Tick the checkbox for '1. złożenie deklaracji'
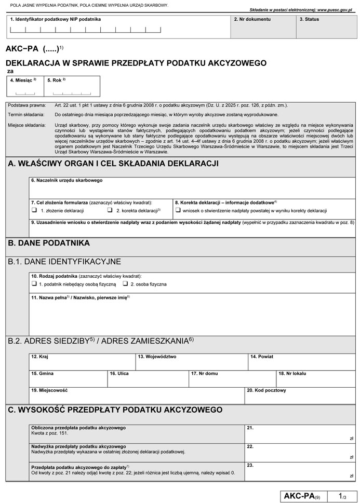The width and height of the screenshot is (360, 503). (x=34, y=211)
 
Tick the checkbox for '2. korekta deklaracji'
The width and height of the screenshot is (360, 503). (x=110, y=211)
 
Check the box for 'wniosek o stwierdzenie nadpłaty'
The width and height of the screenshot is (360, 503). (x=178, y=211)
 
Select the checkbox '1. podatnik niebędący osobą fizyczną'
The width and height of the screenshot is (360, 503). (x=34, y=284)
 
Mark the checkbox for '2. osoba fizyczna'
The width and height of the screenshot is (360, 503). (x=125, y=284)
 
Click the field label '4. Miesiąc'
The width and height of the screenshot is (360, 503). (x=23, y=80)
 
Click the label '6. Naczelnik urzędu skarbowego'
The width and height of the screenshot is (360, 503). (x=66, y=180)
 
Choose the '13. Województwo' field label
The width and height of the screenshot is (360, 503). (x=157, y=357)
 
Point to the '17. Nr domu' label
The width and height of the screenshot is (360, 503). (x=204, y=373)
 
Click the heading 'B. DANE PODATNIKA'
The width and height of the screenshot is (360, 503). (x=49, y=242)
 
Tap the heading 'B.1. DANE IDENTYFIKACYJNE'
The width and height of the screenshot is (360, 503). (x=64, y=261)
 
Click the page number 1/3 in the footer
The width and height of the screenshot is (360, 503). (x=342, y=496)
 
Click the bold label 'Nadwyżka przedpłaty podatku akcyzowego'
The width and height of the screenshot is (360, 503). (x=78, y=446)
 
